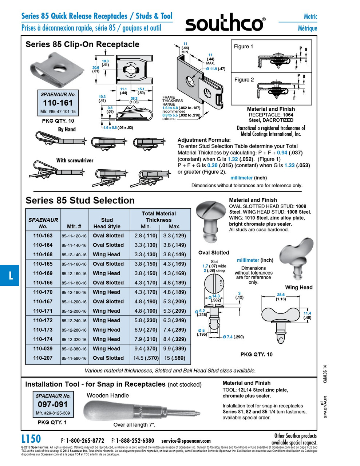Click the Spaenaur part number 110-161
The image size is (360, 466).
(x=58, y=103)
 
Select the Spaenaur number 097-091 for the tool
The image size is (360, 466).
(x=53, y=404)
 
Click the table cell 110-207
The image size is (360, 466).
(x=43, y=358)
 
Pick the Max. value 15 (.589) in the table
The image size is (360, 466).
(x=174, y=358)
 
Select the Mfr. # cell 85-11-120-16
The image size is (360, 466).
(x=74, y=236)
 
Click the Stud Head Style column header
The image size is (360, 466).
(x=107, y=223)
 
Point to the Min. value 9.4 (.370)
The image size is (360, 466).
(x=146, y=348)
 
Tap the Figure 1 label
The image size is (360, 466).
(x=244, y=46)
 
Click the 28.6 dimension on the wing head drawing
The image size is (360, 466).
(x=281, y=295)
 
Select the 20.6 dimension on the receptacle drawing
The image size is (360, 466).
(x=95, y=68)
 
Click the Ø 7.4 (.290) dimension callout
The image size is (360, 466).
(x=233, y=337)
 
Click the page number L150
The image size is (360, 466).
(x=31, y=439)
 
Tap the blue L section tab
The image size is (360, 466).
(x=10, y=276)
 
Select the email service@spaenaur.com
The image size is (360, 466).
(x=186, y=441)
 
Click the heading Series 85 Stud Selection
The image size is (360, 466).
(x=80, y=200)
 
